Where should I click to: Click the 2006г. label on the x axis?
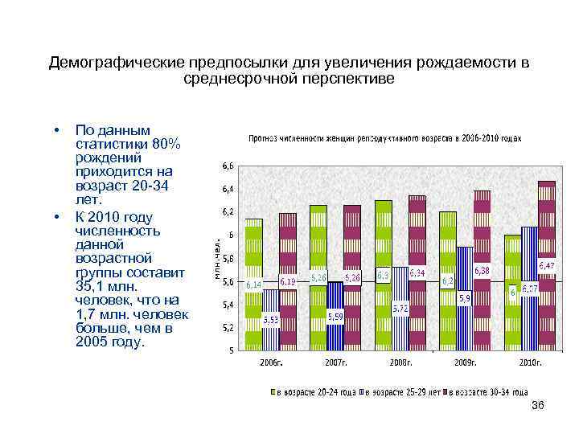pos(270,362)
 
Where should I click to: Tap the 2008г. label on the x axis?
pos(400,362)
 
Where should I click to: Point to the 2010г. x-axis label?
pos(530,362)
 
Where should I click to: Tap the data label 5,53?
pos(271,319)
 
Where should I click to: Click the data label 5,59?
pos(335,316)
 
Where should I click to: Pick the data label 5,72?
pos(400,308)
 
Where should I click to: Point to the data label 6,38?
pos(482,270)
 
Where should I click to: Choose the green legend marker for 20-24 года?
pos(273,392)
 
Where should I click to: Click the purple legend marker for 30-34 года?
pos(452,392)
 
